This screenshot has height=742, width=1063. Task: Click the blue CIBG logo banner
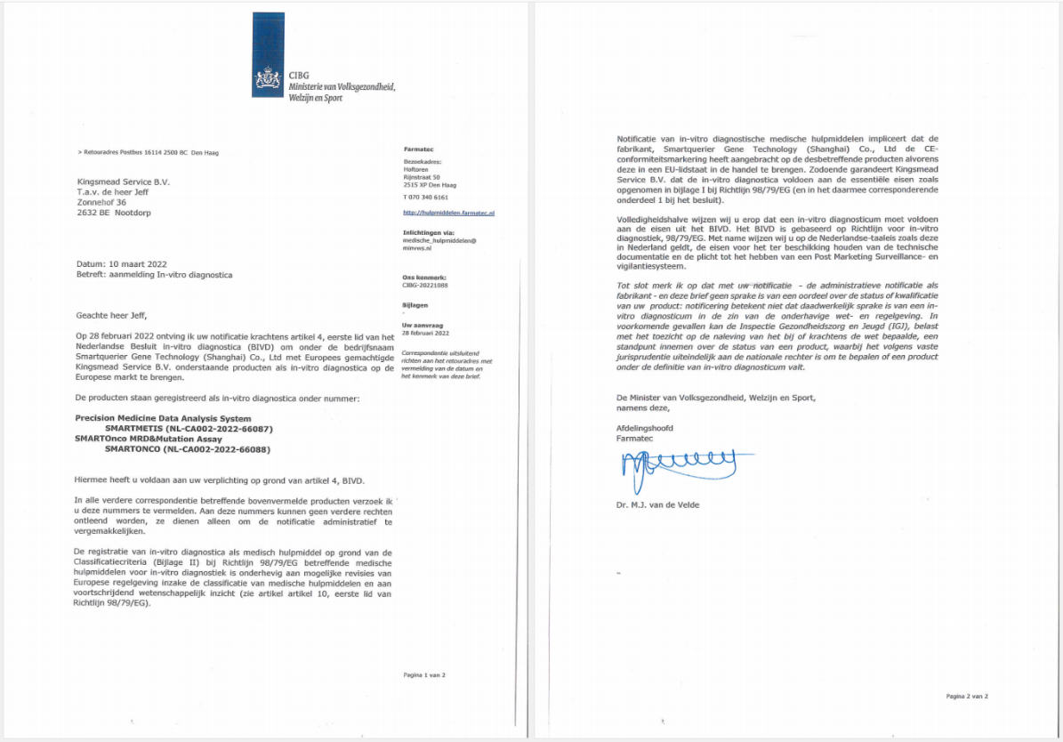[x=269, y=56]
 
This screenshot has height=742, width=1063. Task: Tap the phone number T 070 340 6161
[x=426, y=197]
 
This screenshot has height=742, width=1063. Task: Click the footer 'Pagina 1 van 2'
[x=423, y=675]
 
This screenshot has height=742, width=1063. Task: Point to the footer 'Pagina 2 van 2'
[x=966, y=696]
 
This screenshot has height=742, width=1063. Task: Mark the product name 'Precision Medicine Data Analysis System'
[x=162, y=418]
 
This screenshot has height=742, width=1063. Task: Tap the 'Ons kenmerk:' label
[x=423, y=278]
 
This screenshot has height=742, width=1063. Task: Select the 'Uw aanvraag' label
[x=423, y=325]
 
